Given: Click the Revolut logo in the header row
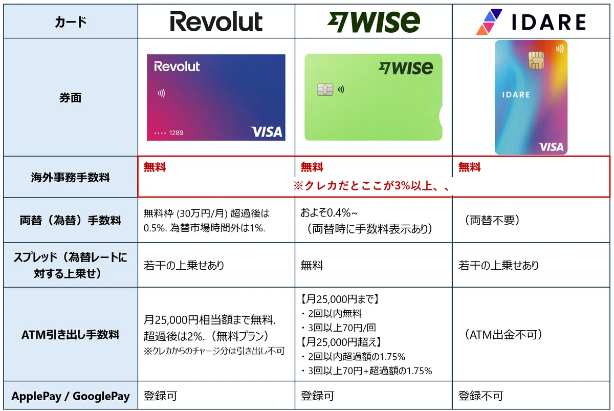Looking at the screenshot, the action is (x=216, y=21).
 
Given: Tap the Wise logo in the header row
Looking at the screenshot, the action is (x=374, y=22).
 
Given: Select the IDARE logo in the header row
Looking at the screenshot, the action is (x=531, y=22).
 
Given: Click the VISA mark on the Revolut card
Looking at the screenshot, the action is (x=267, y=132).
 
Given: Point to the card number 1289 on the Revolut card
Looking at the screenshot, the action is (x=176, y=133).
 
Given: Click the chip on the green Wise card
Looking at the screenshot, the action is (x=325, y=90).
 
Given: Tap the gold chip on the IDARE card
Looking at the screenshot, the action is (x=536, y=60).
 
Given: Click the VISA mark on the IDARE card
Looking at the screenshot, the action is (x=551, y=147).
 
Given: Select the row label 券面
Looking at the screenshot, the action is (x=71, y=98).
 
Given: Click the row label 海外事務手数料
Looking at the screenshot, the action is (x=71, y=178).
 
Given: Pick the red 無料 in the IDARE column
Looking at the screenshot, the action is (x=469, y=167).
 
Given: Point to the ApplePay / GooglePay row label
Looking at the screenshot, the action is (x=71, y=396).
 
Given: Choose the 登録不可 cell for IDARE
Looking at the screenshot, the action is (x=480, y=396).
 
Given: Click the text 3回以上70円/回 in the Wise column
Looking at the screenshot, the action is (x=342, y=328).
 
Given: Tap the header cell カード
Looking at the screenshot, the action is (x=71, y=22).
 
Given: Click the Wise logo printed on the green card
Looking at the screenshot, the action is (x=406, y=68).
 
